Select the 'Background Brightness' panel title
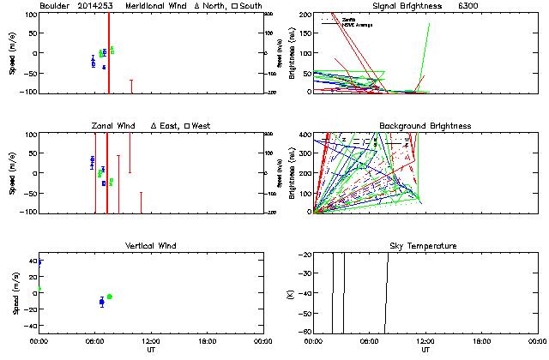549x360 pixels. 425,126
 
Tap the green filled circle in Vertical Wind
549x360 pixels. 109,297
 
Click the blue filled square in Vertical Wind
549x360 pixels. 101,302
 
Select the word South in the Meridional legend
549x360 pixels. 251,6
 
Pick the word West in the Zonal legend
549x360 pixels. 202,126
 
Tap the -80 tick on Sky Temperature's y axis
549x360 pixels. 304,332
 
